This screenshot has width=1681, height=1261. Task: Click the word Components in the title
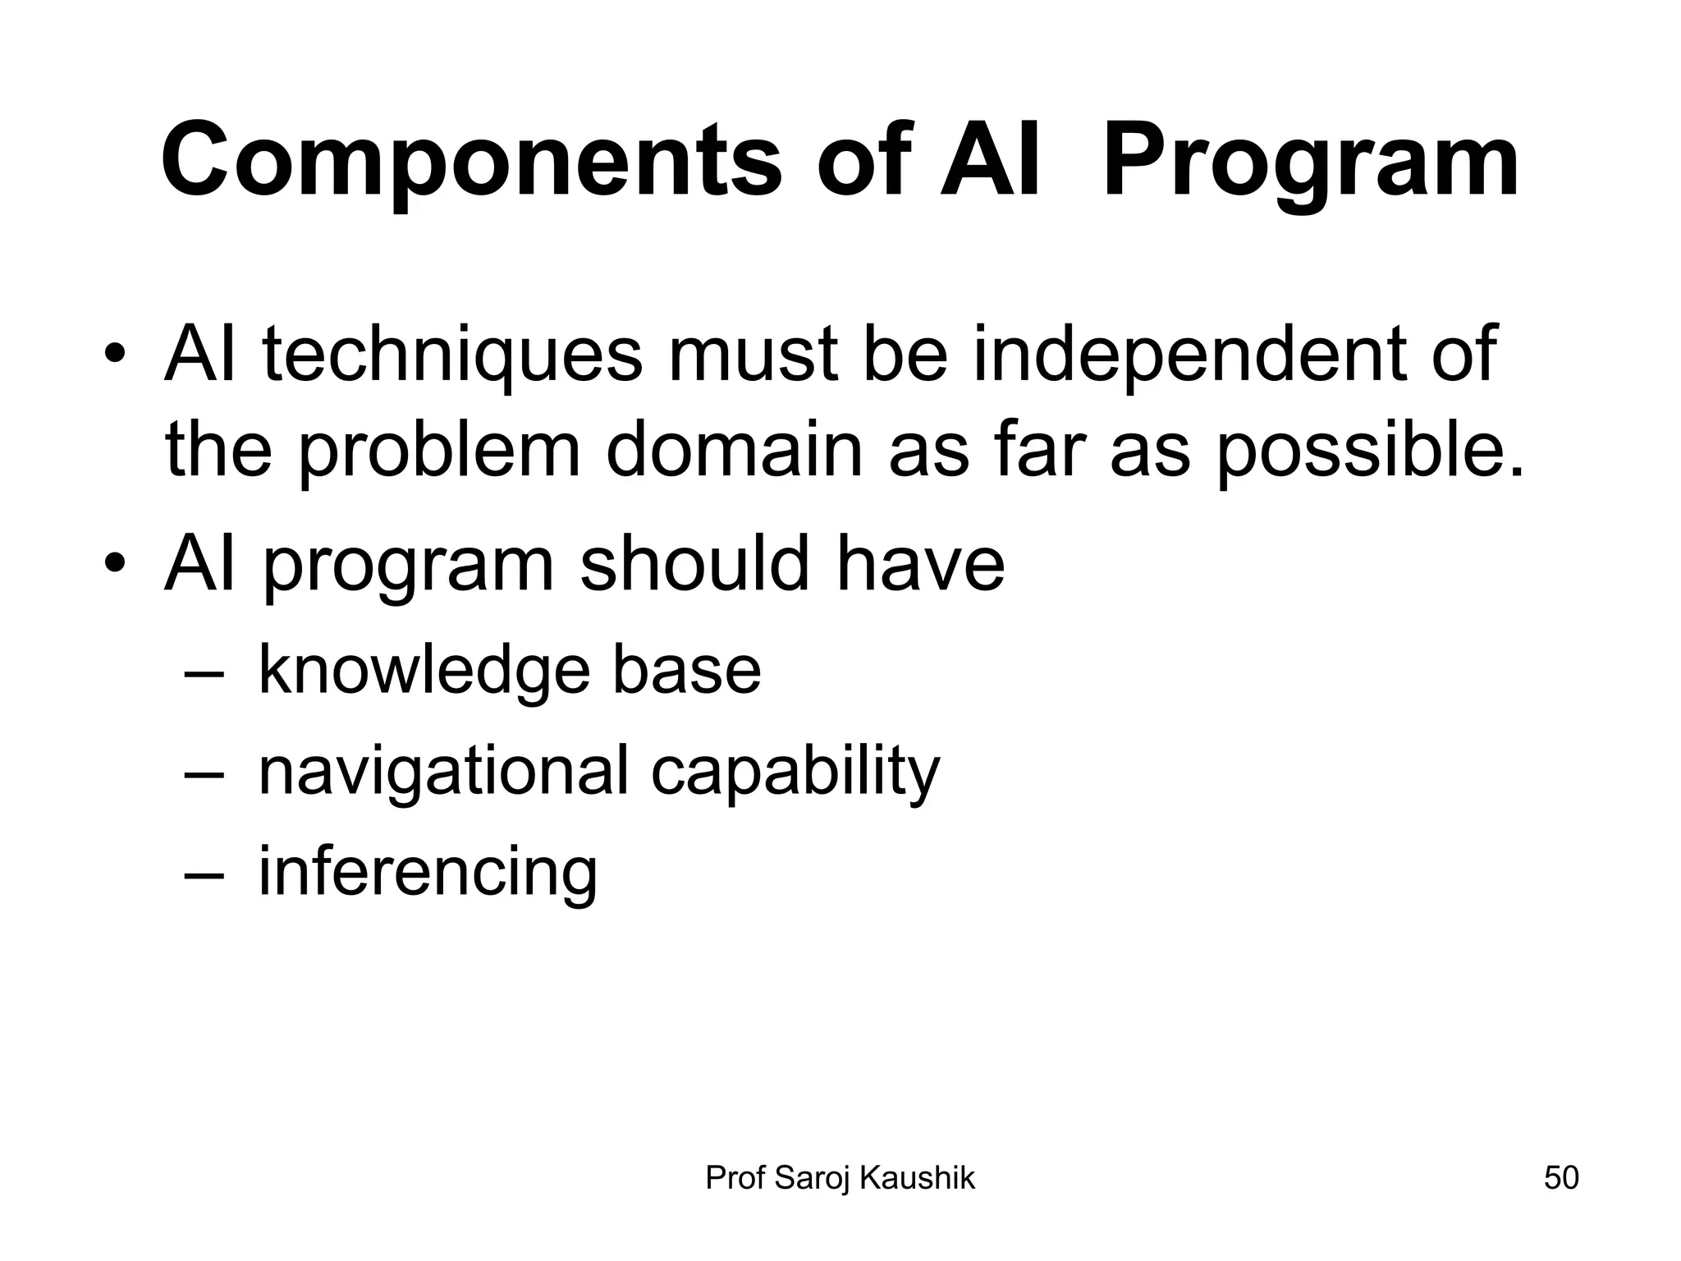click(471, 162)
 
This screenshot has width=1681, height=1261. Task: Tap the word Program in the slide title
click(1310, 162)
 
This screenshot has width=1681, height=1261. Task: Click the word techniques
click(452, 355)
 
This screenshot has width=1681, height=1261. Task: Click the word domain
click(735, 451)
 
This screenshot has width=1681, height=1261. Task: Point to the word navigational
click(442, 772)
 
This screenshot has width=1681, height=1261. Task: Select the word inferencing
click(428, 873)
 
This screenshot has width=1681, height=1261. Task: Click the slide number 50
click(1561, 1178)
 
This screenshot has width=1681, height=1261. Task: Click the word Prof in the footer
click(735, 1178)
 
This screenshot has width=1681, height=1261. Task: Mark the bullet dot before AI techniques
click(115, 355)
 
